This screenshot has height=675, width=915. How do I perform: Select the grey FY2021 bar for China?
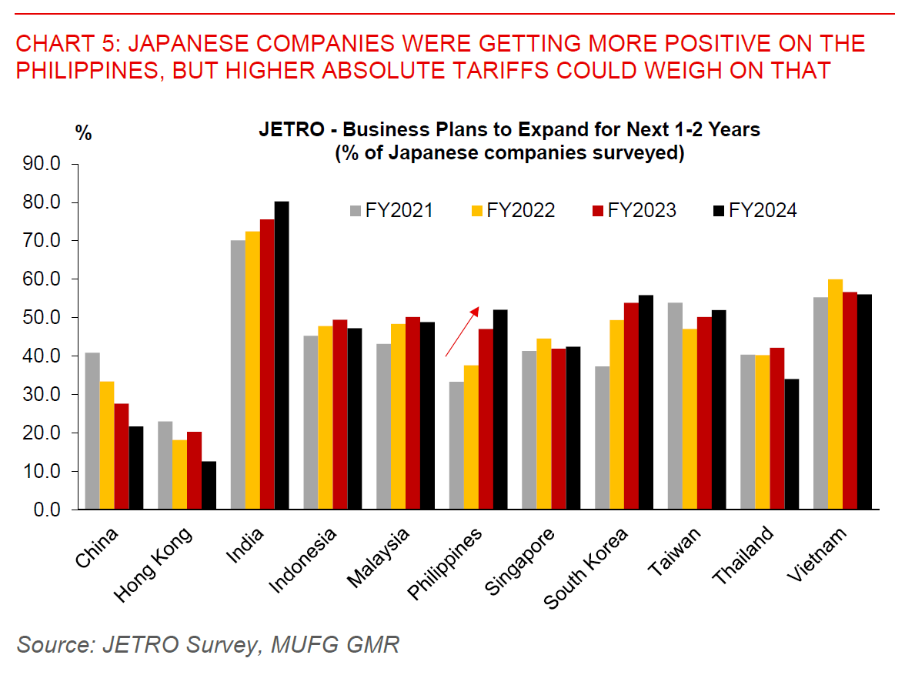click(92, 431)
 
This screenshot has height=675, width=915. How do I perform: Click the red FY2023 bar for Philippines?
click(486, 419)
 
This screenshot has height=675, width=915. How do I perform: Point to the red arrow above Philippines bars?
click(462, 332)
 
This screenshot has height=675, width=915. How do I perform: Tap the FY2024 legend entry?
click(755, 210)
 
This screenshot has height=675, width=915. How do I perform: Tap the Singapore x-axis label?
click(520, 561)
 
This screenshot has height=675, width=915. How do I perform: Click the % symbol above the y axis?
click(83, 133)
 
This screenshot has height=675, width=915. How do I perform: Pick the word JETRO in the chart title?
click(287, 129)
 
